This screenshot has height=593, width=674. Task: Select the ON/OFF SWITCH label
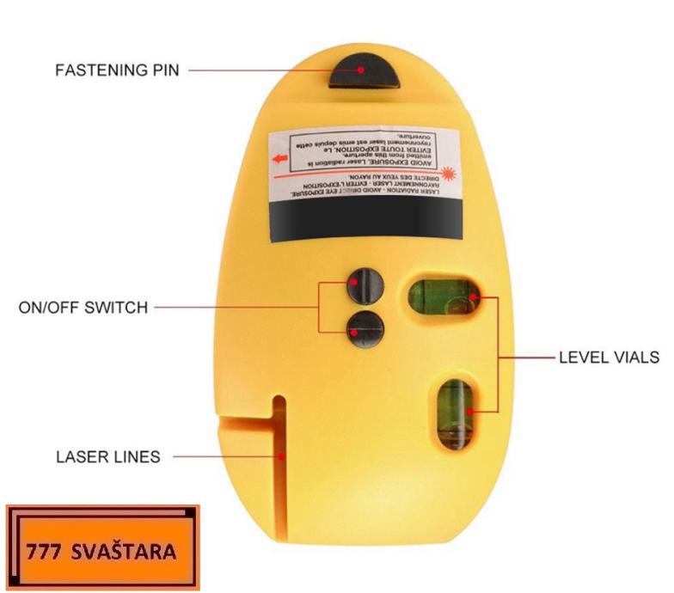[x=83, y=307]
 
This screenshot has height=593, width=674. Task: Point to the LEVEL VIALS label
[x=610, y=357]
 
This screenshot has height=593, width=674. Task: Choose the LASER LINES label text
[x=107, y=457]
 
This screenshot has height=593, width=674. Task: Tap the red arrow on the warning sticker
[x=279, y=159]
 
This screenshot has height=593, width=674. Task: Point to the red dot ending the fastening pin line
[x=362, y=70]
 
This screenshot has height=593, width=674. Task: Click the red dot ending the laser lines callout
[x=280, y=457]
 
